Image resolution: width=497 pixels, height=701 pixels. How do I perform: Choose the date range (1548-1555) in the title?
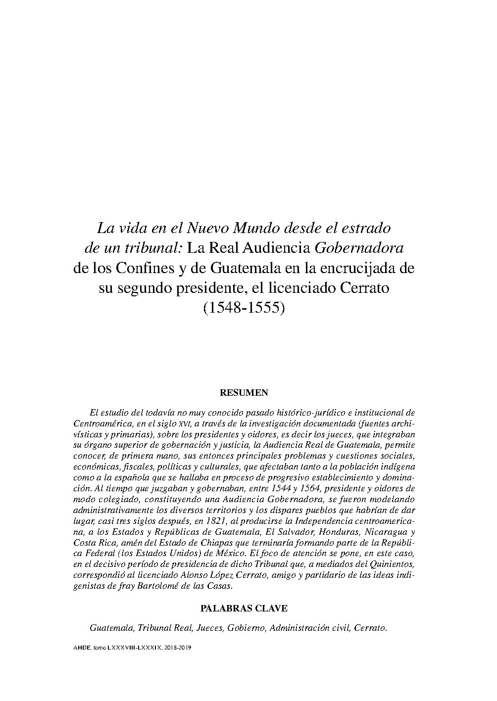(x=245, y=308)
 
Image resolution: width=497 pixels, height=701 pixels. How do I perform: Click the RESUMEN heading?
(x=244, y=393)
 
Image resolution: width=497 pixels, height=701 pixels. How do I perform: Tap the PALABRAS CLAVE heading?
(x=244, y=608)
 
